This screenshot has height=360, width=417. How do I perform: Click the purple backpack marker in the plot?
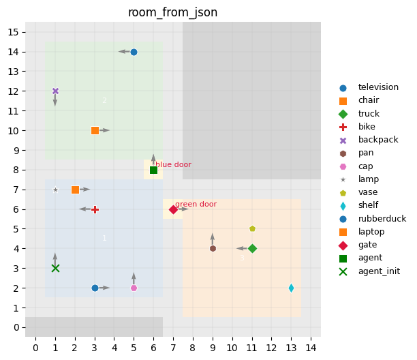pos(55,91)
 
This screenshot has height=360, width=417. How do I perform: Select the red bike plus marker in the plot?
pos(95,209)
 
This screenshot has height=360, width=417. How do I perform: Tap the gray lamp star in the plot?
pos(55,190)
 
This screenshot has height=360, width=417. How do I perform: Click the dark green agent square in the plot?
pos(153,170)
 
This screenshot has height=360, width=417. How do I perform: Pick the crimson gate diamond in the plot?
pos(173,209)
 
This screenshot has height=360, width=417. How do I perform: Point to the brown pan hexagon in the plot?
pos(213,248)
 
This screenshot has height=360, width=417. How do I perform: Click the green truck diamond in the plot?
pos(252,248)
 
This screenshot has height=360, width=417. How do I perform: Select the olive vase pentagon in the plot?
pos(252,229)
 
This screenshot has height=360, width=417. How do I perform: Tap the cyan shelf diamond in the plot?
pos(291,288)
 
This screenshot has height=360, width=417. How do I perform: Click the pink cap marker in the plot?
pos(134,288)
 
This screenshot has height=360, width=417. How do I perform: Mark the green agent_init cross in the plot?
pos(55,268)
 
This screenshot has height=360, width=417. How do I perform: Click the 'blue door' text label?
pos(173,164)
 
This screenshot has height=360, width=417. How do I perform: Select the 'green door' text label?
pos(196,204)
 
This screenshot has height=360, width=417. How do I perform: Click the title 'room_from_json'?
pos(173,12)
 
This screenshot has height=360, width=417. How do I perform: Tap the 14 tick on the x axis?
pos(311,348)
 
